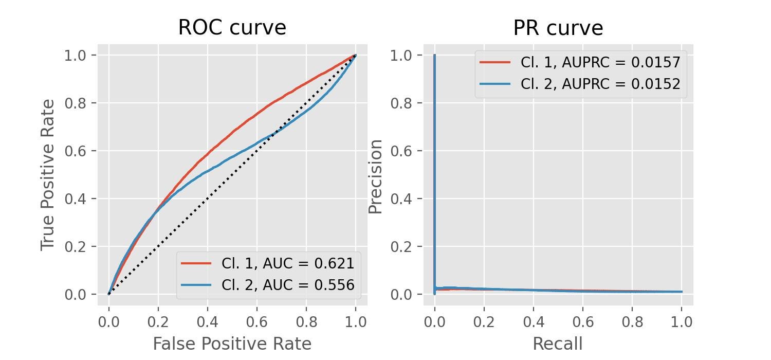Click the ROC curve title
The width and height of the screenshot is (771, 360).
[232, 28]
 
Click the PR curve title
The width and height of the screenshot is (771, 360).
[558, 28]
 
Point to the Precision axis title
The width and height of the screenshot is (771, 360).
[376, 176]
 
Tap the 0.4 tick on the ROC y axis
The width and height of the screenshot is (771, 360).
[76, 199]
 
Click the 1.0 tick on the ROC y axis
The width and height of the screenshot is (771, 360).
[76, 55]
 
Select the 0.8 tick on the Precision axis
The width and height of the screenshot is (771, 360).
[402, 103]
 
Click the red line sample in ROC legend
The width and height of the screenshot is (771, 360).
[196, 263]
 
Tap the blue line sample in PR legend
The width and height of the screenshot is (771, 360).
[495, 84]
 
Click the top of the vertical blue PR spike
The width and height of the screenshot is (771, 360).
[435, 56]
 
